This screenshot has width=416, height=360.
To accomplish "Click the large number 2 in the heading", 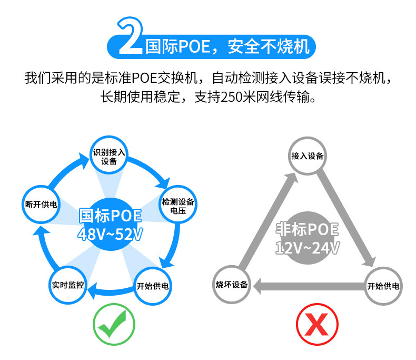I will point(128,38).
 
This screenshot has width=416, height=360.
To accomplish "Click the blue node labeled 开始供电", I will point(152,287).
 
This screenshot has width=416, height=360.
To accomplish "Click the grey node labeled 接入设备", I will point(307,157).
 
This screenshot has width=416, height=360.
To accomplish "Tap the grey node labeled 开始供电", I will point(383,287).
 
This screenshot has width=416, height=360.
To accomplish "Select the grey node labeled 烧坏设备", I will point(232,285).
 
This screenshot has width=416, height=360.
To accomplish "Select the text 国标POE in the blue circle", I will point(110,216).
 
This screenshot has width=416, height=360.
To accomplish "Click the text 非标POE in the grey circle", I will point(308,230).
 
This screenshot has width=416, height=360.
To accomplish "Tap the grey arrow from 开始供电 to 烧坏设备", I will point(308,287).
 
